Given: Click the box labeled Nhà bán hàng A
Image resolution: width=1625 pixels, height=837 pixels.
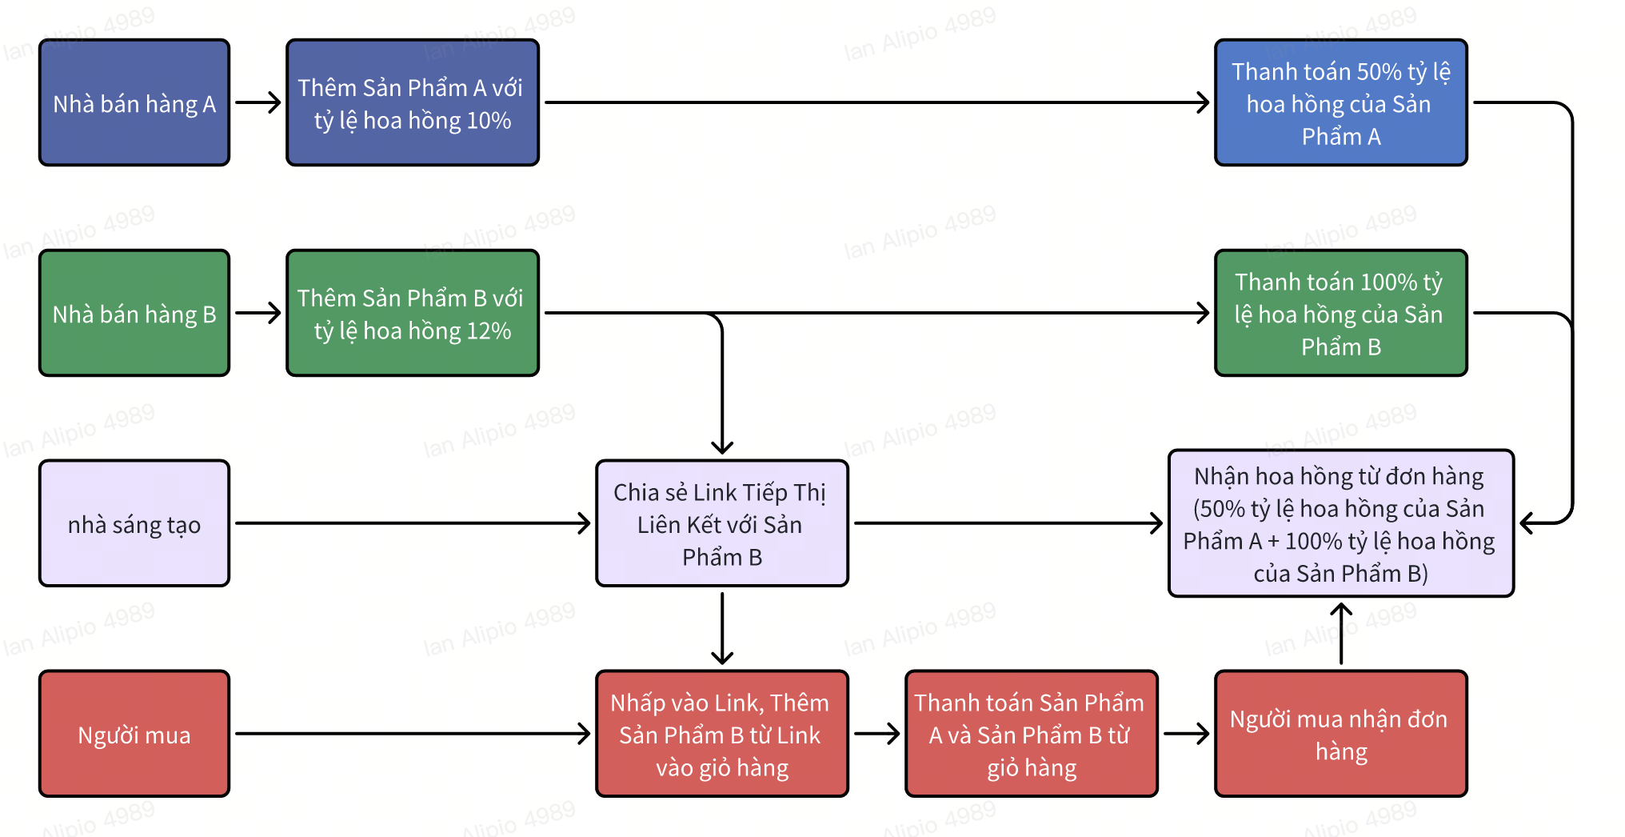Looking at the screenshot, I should tap(134, 102).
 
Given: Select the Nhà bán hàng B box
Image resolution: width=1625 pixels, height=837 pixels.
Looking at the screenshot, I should tap(134, 313).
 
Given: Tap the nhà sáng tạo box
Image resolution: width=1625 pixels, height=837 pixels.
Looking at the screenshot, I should tap(134, 523).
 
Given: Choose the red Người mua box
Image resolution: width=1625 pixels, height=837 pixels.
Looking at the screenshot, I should tap(134, 734).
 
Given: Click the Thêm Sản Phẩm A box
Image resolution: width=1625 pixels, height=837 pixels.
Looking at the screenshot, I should tap(412, 102).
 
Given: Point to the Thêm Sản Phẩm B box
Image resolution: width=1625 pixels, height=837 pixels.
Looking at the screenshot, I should tap(412, 313).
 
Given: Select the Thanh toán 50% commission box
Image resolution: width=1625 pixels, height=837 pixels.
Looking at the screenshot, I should tap(1340, 102).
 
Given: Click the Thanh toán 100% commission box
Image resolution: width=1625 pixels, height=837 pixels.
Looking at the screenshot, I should tap(1340, 313).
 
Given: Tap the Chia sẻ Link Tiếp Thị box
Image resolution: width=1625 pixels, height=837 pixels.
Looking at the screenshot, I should tap(721, 523).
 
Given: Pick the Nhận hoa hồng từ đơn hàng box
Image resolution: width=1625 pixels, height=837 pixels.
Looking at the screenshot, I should tap(1340, 523).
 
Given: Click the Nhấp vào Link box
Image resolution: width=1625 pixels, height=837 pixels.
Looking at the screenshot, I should tap(721, 734).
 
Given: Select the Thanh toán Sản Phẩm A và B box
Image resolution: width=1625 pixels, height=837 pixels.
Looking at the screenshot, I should tap(1031, 734).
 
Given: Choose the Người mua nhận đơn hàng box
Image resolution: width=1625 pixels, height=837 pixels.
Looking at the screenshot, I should tap(1340, 734).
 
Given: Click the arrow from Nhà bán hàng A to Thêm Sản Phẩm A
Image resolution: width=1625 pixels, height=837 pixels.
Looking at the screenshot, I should tap(258, 102).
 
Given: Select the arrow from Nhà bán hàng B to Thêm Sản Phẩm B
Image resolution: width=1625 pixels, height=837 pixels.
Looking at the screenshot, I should tap(258, 313).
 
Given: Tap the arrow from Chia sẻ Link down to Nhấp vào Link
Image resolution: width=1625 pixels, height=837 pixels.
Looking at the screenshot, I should tap(722, 628).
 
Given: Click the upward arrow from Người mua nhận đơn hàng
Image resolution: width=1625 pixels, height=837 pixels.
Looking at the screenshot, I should tap(1341, 633).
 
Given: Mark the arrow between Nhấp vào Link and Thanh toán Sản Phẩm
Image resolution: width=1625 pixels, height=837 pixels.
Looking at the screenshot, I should tap(876, 733).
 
